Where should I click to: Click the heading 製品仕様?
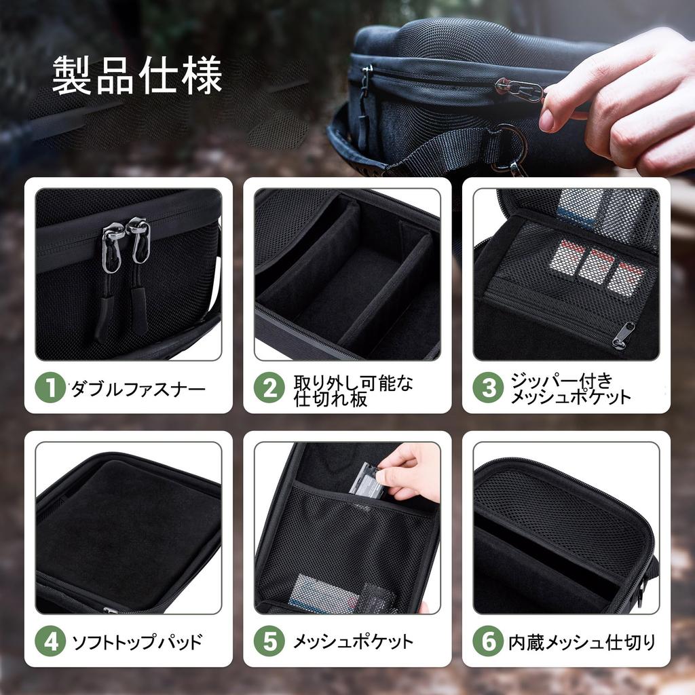click(137, 76)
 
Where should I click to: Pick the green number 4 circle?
click(50, 641)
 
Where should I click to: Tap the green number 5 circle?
click(269, 641)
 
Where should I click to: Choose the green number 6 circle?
click(489, 641)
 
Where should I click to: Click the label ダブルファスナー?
click(138, 389)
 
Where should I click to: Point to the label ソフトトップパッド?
click(137, 641)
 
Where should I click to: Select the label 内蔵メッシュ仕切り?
click(582, 641)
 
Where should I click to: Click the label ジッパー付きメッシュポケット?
click(570, 389)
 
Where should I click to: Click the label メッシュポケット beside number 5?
click(353, 641)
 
